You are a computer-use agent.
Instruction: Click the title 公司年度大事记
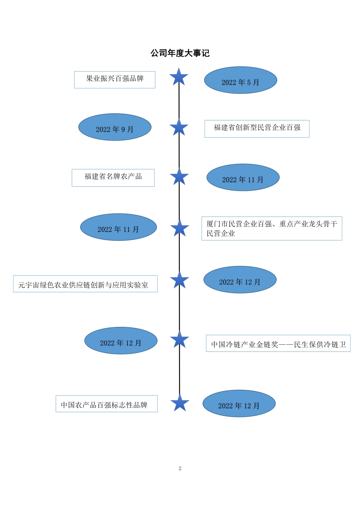[x=180, y=53]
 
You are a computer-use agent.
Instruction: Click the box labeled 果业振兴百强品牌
[x=114, y=80]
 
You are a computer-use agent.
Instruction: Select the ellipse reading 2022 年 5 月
[x=241, y=80]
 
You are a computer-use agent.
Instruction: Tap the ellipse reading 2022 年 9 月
[x=115, y=127]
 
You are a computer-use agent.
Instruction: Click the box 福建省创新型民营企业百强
[x=257, y=129]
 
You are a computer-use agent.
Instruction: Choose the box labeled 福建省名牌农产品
[x=113, y=178]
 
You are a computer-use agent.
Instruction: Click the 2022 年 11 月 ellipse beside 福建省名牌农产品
[x=243, y=178]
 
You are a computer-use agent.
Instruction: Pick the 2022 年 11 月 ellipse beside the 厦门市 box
[x=118, y=227]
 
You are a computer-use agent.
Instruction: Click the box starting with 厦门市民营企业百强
[x=272, y=228]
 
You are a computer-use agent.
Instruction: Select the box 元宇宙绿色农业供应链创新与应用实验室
[x=85, y=284]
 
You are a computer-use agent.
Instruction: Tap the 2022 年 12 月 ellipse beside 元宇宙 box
[x=240, y=280]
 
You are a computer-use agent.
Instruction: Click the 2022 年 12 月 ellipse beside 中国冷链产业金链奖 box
[x=121, y=341]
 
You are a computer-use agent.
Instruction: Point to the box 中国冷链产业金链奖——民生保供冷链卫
[x=278, y=343]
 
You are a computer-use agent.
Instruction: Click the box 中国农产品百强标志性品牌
[x=106, y=404]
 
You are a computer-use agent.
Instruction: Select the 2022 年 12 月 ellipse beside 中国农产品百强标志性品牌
[x=239, y=404]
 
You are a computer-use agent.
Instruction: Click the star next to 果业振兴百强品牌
[x=179, y=77]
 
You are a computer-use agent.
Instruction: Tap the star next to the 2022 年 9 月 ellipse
[x=179, y=128]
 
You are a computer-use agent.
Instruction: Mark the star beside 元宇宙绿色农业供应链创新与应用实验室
[x=180, y=281]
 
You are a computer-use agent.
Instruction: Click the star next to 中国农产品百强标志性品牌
[x=180, y=403]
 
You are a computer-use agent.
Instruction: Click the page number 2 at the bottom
[x=180, y=468]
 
